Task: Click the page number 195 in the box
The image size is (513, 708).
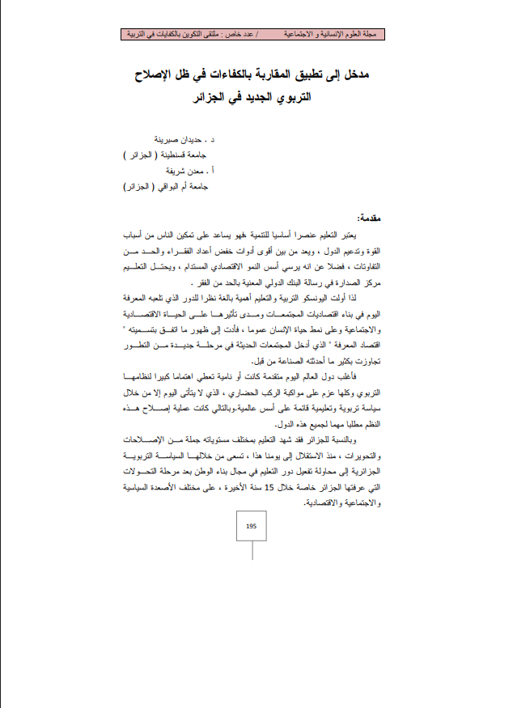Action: tap(251, 526)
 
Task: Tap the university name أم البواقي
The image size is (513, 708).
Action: tap(168, 187)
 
